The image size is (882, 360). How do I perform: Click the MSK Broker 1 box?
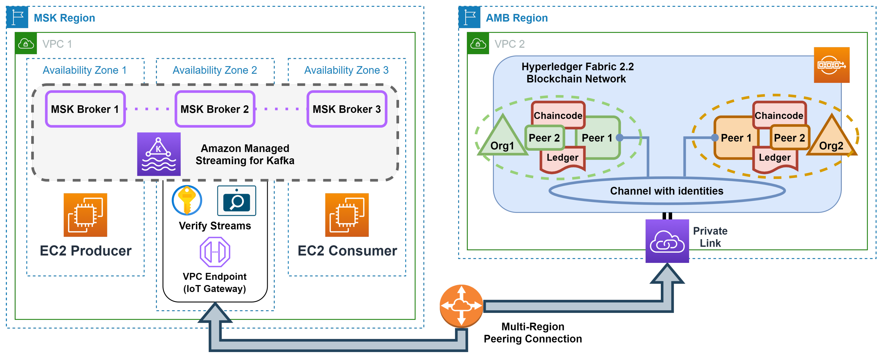click(x=85, y=109)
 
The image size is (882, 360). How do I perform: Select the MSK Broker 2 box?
click(x=215, y=109)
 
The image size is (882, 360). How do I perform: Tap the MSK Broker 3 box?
click(x=347, y=109)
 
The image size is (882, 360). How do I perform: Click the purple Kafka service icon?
click(x=159, y=154)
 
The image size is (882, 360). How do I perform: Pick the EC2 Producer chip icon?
click(x=85, y=215)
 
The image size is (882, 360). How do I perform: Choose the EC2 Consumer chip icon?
click(x=347, y=215)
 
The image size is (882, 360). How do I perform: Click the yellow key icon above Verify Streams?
click(x=187, y=200)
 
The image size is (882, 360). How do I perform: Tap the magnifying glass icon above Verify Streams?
click(x=237, y=201)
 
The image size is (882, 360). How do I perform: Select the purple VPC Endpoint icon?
click(x=215, y=252)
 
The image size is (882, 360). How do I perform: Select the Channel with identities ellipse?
click(x=667, y=191)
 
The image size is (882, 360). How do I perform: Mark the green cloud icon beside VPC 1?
click(x=26, y=44)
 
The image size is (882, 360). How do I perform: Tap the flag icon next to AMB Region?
click(x=469, y=17)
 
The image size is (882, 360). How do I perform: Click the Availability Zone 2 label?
click(x=215, y=70)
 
